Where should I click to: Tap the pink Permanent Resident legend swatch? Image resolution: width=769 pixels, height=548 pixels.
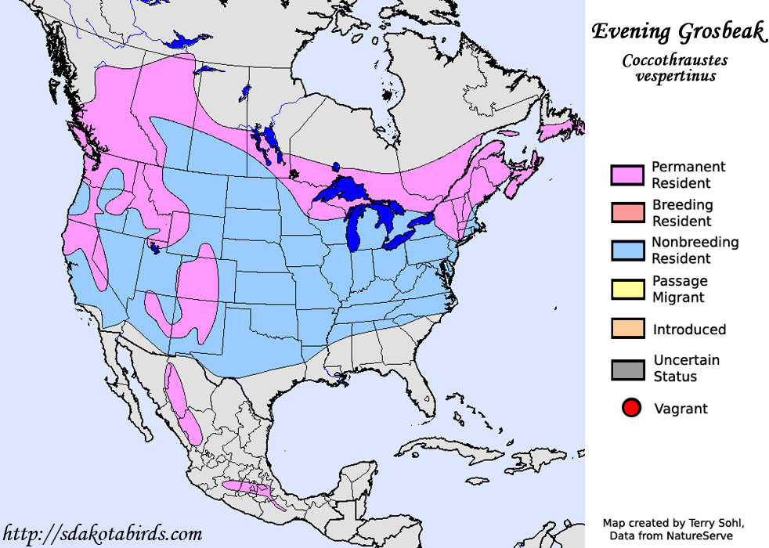point(627,175)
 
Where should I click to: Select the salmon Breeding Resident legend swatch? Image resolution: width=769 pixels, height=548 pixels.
point(627,213)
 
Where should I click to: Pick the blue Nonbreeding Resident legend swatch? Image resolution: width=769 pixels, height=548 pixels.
point(627,251)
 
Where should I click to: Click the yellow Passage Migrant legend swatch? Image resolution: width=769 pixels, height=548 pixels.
point(627,289)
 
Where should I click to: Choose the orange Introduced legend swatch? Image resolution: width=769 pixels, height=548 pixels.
point(627,329)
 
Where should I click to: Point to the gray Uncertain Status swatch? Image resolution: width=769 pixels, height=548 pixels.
point(627,369)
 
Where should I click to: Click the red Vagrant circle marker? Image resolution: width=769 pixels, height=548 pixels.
point(631,408)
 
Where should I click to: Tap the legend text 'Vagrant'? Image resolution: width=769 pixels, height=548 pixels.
point(680,409)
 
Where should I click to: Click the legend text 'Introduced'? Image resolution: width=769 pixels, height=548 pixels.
point(689,330)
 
